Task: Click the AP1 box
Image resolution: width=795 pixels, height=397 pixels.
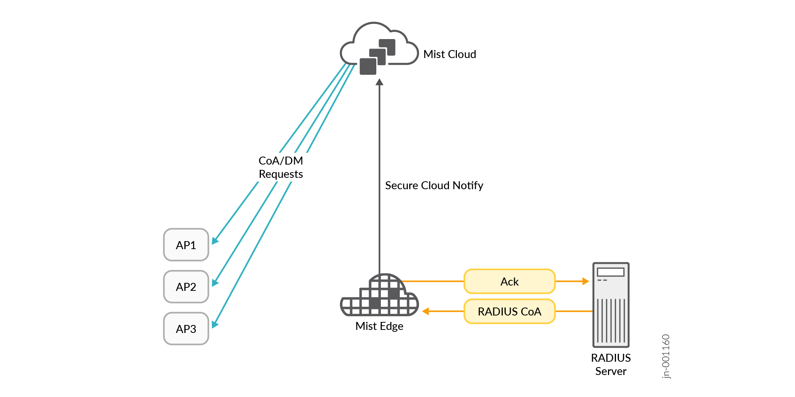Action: [186, 245]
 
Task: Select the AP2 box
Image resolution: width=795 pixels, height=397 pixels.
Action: [186, 287]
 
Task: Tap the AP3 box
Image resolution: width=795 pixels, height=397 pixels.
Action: [186, 329]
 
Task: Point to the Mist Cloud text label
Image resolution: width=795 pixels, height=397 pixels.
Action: [449, 54]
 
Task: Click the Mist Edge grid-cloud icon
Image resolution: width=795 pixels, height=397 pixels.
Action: [380, 296]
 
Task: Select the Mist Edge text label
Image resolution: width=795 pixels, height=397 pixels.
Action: [379, 326]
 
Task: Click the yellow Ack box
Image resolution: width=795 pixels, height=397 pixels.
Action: [509, 281]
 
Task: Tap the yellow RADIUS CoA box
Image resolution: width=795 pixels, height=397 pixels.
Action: [509, 311]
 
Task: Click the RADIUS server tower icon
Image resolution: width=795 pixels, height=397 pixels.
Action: [611, 304]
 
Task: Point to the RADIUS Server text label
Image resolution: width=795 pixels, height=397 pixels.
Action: [611, 364]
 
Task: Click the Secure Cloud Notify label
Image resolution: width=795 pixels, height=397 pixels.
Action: [434, 185]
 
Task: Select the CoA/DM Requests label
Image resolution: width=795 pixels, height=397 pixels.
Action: [281, 167]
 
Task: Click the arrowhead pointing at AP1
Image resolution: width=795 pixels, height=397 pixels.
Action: [215, 241]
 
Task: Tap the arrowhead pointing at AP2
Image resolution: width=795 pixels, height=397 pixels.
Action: [215, 283]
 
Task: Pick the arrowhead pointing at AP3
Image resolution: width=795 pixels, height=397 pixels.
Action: [215, 325]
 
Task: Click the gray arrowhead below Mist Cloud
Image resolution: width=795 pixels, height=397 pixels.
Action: [380, 82]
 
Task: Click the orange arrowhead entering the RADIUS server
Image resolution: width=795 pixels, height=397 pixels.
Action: [586, 281]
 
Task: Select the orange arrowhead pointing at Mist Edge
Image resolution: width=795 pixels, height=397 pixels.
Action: [426, 311]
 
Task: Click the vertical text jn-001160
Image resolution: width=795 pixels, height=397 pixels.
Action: [666, 356]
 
